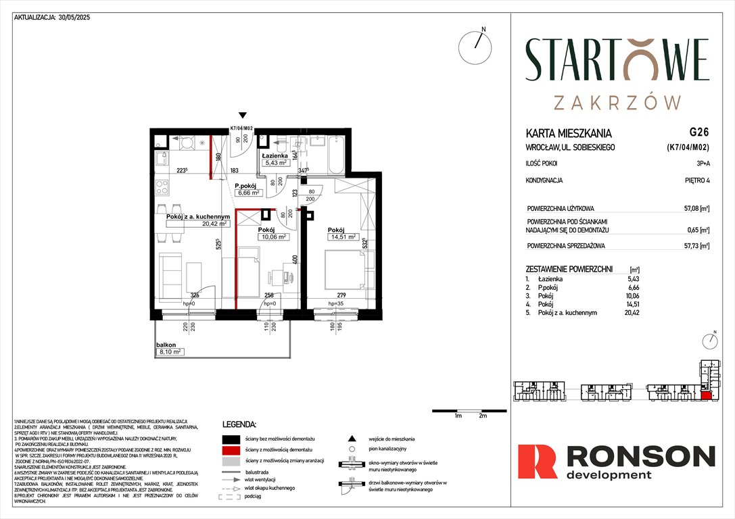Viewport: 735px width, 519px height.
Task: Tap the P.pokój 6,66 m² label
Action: tap(248, 189)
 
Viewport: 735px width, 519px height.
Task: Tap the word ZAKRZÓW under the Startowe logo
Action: tap(617, 102)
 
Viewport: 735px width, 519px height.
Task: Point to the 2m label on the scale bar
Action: tap(482, 416)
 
